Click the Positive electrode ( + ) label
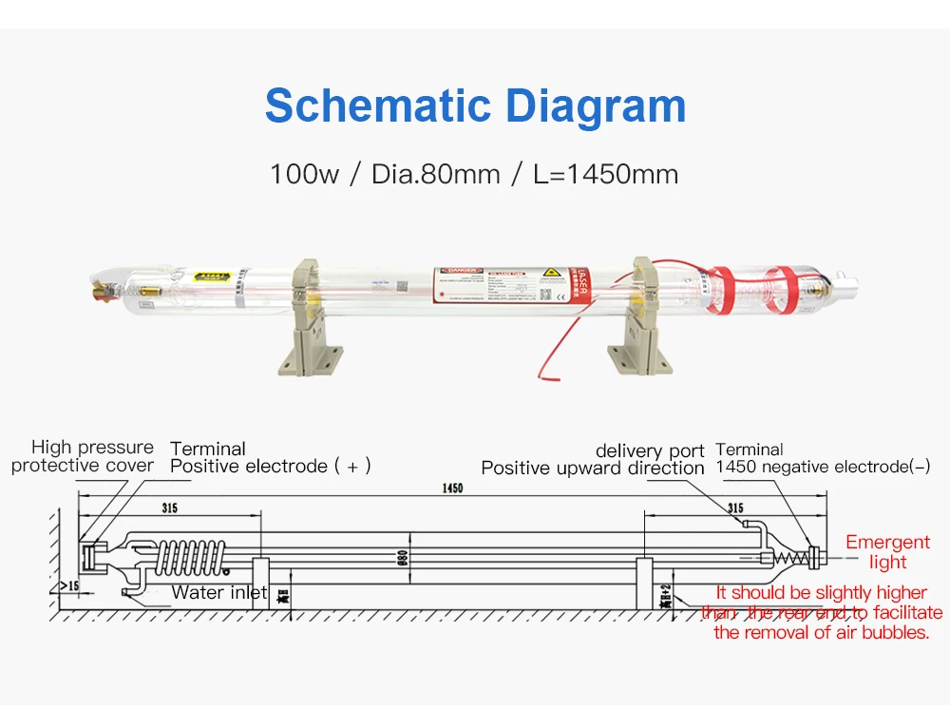270,467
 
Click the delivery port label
650,450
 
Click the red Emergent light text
887,552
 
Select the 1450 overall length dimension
452,489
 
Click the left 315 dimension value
169,508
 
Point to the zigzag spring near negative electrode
790,555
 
